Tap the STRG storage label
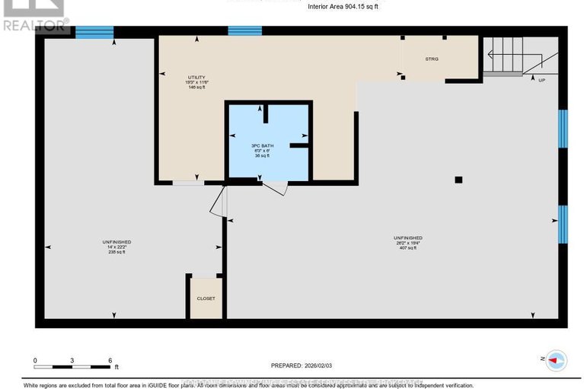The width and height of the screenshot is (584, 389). click(432, 59)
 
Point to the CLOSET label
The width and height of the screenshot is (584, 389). click(206, 298)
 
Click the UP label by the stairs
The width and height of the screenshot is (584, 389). click(541, 80)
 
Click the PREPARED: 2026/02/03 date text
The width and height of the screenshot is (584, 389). click(303, 365)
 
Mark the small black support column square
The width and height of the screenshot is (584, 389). click(458, 180)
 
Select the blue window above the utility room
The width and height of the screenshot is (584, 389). click(244, 31)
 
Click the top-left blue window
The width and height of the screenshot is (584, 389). click(94, 32)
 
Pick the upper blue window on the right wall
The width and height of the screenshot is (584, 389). click(563, 129)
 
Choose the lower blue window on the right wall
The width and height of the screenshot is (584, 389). click(563, 224)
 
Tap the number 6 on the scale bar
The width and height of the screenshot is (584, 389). click(110, 360)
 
